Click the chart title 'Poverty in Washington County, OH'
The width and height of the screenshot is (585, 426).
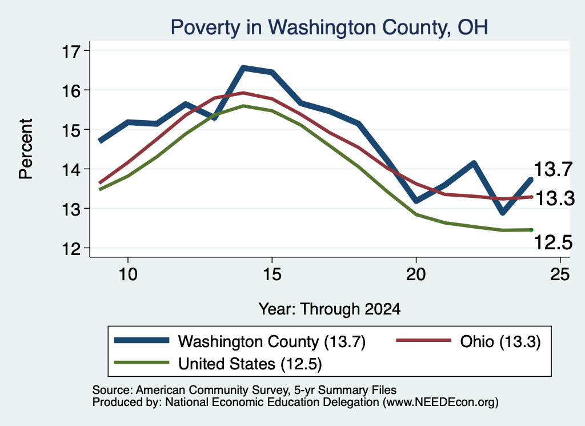pyautogui.click(x=329, y=27)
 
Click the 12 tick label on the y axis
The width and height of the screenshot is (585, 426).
pyautogui.click(x=71, y=249)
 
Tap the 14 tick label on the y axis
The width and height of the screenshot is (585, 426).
pyautogui.click(x=71, y=170)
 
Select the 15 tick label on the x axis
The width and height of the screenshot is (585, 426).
pyautogui.click(x=272, y=274)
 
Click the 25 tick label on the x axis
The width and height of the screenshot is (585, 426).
pyautogui.click(x=560, y=274)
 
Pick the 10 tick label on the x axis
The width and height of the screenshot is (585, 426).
pyautogui.click(x=128, y=274)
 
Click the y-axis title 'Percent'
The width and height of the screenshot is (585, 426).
pyautogui.click(x=26, y=149)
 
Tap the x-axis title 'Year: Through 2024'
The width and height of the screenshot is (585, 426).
pyautogui.click(x=330, y=309)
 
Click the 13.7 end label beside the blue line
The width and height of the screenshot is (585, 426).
pyautogui.click(x=553, y=169)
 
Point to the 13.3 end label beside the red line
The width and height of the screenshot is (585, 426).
pyautogui.click(x=555, y=198)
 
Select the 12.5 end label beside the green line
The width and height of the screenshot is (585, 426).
pyautogui.click(x=553, y=242)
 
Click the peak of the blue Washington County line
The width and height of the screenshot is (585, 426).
pyautogui.click(x=243, y=68)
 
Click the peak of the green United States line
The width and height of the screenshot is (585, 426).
pyautogui.click(x=243, y=106)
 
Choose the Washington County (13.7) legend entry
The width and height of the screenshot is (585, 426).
pyautogui.click(x=240, y=341)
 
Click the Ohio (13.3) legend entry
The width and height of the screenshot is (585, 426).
pyautogui.click(x=468, y=341)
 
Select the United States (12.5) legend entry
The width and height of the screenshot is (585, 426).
pyautogui.click(x=218, y=364)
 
